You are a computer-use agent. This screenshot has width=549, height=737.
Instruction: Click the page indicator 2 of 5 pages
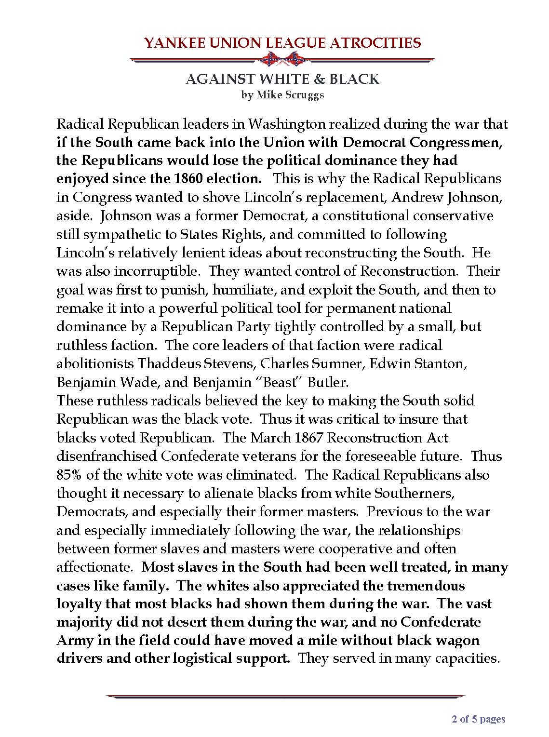pos(478,720)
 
